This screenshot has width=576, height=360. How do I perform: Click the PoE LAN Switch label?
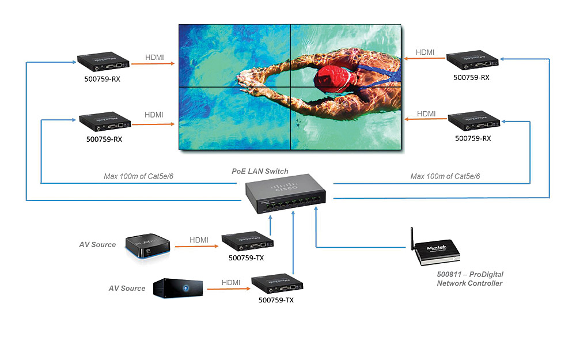(260, 171)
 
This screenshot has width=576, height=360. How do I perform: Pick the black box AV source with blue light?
(179, 288)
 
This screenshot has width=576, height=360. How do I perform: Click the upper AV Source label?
(97, 245)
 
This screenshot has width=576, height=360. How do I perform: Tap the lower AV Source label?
(127, 288)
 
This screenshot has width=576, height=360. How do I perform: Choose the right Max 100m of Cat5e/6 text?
(445, 176)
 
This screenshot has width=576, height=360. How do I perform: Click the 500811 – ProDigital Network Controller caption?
(469, 279)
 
